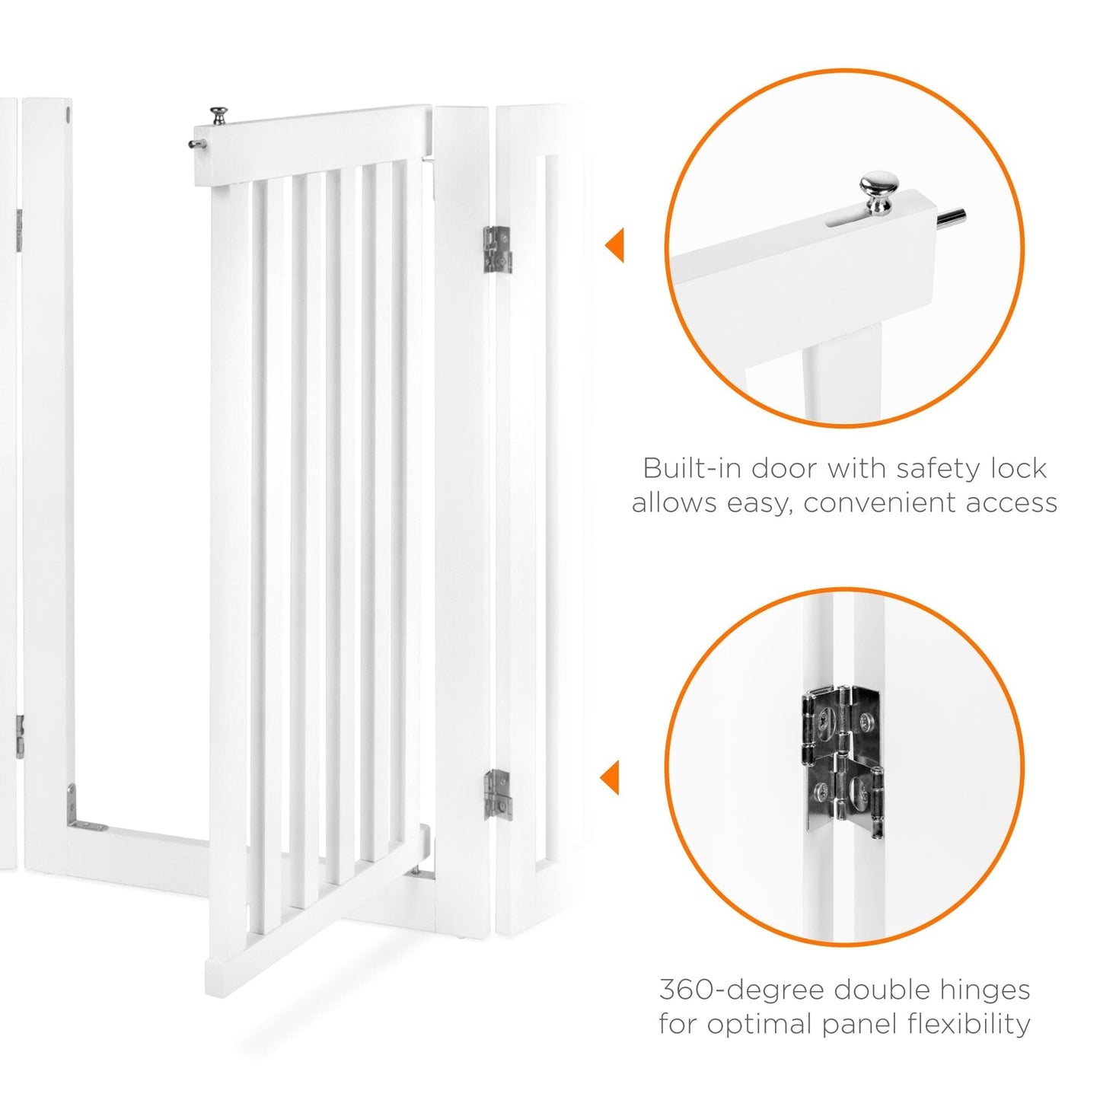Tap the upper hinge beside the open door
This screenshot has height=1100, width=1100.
(497, 249)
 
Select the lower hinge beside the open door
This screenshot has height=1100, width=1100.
(497, 794)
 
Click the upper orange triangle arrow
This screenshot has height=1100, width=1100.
(615, 245)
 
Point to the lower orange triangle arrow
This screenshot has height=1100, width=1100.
(611, 777)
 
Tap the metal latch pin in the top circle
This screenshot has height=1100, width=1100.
(952, 218)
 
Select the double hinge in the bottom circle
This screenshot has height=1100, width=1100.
(843, 760)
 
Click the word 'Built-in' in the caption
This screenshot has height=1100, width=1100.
(692, 468)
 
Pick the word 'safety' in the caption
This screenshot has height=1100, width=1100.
(937, 468)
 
